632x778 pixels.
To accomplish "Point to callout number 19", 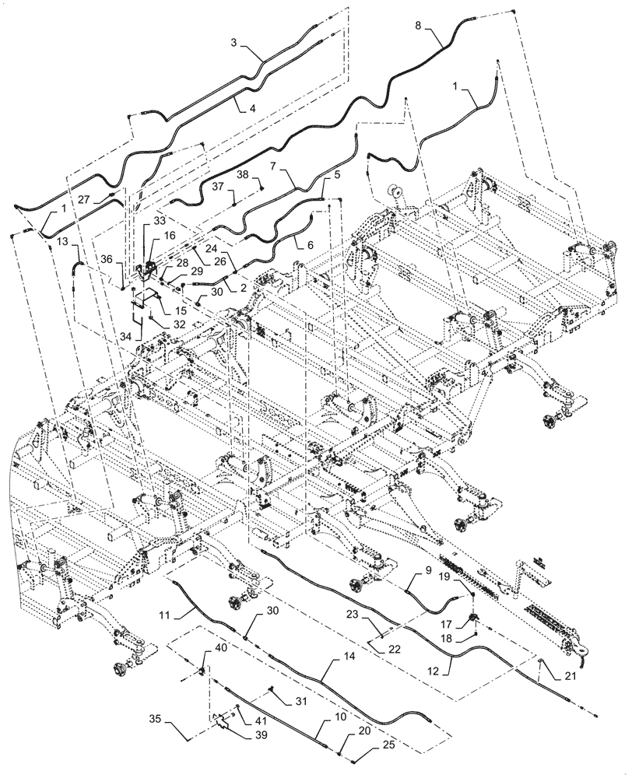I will [x=464, y=578].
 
